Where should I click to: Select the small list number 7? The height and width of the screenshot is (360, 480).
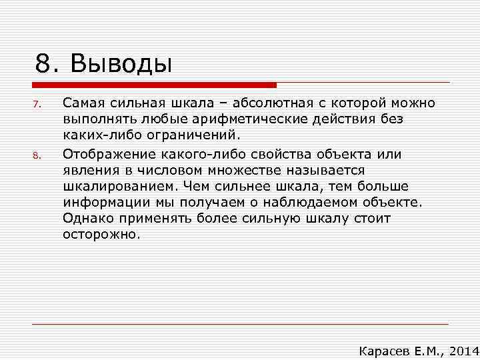(37, 104)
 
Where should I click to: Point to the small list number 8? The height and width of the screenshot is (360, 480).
(37, 157)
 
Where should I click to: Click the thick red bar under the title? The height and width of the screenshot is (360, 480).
(154, 85)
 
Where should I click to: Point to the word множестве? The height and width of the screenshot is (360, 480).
(225, 171)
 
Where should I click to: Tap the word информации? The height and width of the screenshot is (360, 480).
(105, 203)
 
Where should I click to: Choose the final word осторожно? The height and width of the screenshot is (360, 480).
(101, 235)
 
